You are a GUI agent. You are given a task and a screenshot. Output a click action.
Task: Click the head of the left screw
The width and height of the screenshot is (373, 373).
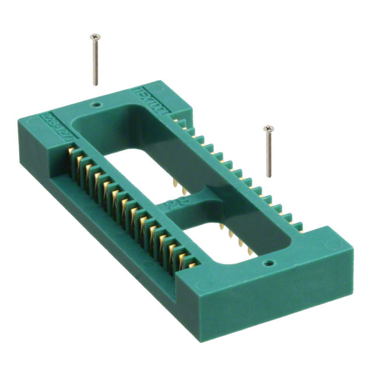pos(93,37)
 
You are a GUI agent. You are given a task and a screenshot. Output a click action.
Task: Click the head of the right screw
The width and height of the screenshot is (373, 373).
pos(268,128)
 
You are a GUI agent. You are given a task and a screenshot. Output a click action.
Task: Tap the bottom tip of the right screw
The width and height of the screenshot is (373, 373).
pos(269,176)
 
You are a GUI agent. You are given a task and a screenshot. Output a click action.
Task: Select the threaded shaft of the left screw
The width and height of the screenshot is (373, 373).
pos(95,61)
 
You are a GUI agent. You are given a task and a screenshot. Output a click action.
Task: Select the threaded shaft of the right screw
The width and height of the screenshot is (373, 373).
pos(268,153)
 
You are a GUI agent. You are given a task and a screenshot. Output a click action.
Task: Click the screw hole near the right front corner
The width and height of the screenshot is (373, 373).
pos(269,263)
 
